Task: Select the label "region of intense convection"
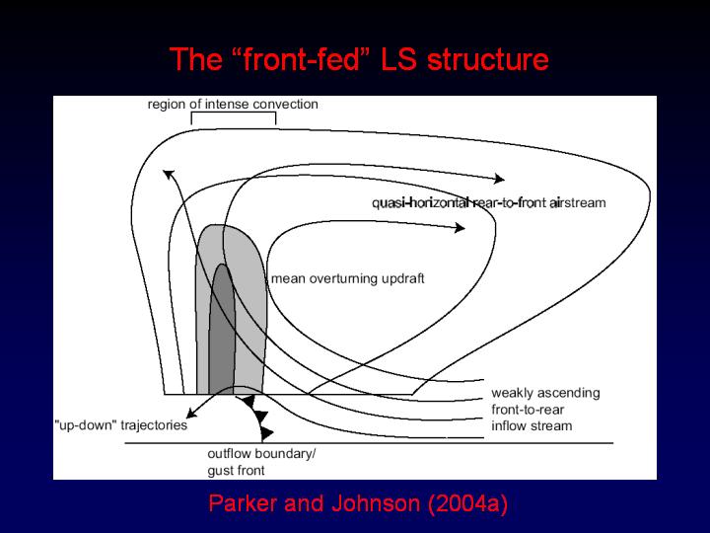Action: (233, 104)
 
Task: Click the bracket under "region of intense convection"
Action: (233, 116)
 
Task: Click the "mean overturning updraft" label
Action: (347, 278)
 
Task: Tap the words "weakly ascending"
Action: (544, 393)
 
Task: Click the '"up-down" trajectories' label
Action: (119, 425)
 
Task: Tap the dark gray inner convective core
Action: (223, 326)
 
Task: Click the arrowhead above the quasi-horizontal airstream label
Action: (499, 179)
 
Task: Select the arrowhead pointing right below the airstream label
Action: (460, 227)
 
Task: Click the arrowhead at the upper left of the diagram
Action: (169, 175)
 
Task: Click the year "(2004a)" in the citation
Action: (466, 504)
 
